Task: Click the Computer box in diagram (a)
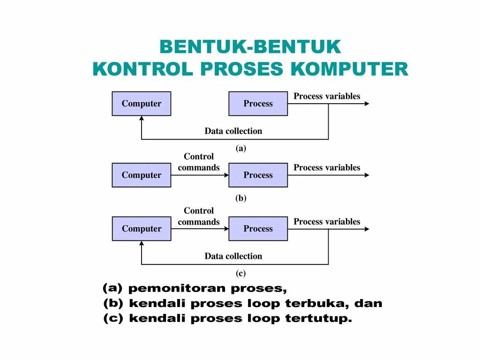tap(141, 104)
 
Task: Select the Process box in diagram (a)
tap(258, 104)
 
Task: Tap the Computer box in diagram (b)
tap(141, 175)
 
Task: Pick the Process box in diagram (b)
tap(258, 175)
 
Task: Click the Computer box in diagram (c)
tap(141, 229)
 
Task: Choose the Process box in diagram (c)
tap(258, 229)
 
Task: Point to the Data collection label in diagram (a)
tap(233, 131)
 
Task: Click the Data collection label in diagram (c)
tap(233, 256)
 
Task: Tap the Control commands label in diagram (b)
tap(199, 162)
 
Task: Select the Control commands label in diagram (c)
tap(199, 217)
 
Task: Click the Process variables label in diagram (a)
tap(327, 97)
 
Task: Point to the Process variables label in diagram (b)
tap(327, 168)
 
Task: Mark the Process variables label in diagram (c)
tap(327, 222)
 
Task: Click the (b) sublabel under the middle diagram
tap(240, 198)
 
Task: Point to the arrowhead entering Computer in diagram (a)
tap(142, 119)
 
